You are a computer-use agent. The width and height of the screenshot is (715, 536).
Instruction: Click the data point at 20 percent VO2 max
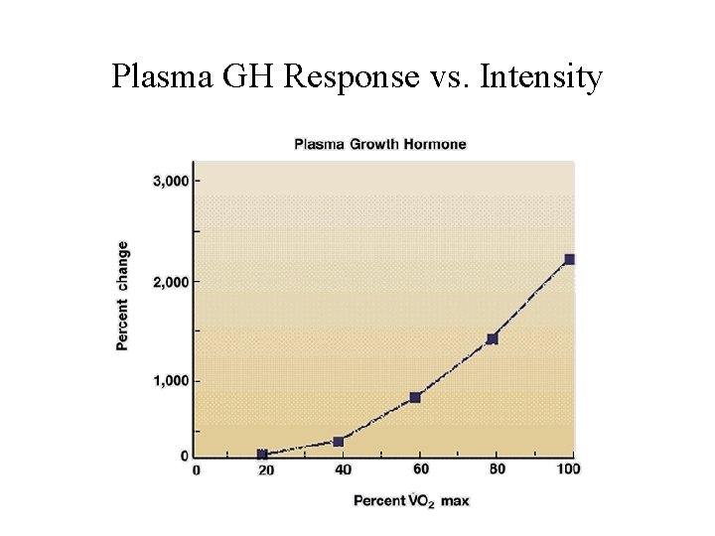click(x=262, y=455)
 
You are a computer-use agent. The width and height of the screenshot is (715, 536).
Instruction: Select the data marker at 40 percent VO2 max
click(x=338, y=442)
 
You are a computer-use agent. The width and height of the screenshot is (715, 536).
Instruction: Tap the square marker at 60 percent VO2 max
click(x=415, y=397)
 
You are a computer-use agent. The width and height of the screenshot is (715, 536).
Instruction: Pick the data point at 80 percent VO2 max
click(x=492, y=338)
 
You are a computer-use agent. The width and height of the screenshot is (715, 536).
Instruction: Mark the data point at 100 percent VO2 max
click(x=569, y=259)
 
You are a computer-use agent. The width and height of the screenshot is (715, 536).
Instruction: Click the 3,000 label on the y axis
click(x=169, y=181)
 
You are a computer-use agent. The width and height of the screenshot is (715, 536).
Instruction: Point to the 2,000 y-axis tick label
click(x=169, y=282)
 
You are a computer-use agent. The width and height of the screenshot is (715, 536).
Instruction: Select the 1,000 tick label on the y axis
click(x=169, y=381)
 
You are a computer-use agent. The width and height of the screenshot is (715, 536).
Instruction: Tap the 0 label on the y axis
click(x=184, y=456)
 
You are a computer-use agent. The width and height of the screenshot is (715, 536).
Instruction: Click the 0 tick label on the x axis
click(x=196, y=470)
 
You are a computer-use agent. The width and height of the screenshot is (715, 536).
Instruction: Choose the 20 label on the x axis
click(x=266, y=470)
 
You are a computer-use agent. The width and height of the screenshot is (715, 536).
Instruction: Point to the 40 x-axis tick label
click(x=343, y=470)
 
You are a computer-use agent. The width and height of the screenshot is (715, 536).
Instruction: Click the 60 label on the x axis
click(x=420, y=469)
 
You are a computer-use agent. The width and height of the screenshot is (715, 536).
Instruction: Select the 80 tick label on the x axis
click(x=498, y=469)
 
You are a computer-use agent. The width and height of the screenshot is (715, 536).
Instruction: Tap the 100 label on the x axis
click(x=569, y=469)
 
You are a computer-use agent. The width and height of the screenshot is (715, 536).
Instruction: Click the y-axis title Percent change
click(x=122, y=295)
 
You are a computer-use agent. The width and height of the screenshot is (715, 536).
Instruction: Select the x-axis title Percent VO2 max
click(x=411, y=500)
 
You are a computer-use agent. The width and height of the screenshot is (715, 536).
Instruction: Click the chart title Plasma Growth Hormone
click(x=379, y=144)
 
